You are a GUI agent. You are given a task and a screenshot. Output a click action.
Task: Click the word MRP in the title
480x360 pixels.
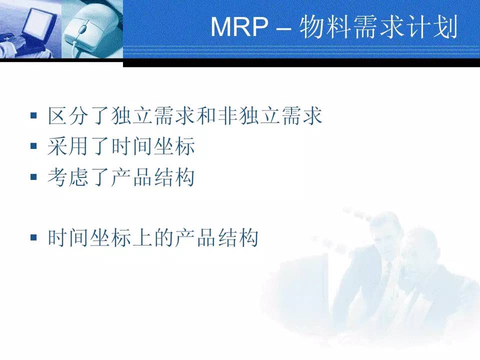[239, 26]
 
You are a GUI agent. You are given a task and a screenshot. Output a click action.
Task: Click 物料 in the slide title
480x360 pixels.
[325, 27]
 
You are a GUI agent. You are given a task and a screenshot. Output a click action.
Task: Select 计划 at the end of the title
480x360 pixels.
[431, 27]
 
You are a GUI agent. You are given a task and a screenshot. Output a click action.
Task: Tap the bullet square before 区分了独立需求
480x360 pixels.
[33, 115]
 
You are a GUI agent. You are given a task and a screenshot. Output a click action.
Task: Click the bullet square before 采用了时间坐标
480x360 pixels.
[33, 145]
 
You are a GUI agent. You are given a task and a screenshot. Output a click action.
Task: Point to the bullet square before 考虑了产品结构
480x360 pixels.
[33, 176]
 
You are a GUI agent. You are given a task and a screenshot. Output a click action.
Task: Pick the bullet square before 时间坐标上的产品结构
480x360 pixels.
[33, 237]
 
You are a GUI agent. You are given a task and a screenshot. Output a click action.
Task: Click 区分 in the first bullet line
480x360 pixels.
[68, 115]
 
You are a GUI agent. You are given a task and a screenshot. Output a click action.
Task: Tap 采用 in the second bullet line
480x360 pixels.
[68, 146]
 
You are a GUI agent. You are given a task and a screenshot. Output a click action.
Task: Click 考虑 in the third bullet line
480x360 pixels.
[68, 177]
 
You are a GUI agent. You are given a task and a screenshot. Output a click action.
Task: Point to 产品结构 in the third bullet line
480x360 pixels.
[153, 177]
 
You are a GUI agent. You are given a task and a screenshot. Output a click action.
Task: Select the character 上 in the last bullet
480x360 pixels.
[143, 237]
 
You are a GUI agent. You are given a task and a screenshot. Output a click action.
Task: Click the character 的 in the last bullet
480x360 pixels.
[164, 237]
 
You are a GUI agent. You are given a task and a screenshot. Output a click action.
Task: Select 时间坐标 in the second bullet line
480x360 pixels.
[153, 146]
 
